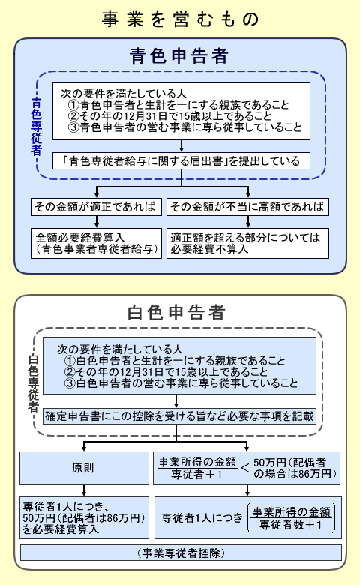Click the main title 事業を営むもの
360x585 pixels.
pyautogui.click(x=180, y=19)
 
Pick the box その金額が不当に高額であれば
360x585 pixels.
pyautogui.click(x=247, y=206)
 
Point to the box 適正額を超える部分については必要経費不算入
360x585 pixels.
pyautogui.click(x=247, y=242)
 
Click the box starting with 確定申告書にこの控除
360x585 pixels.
pyautogui.click(x=179, y=415)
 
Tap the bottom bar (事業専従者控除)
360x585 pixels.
pyautogui.click(x=179, y=553)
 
